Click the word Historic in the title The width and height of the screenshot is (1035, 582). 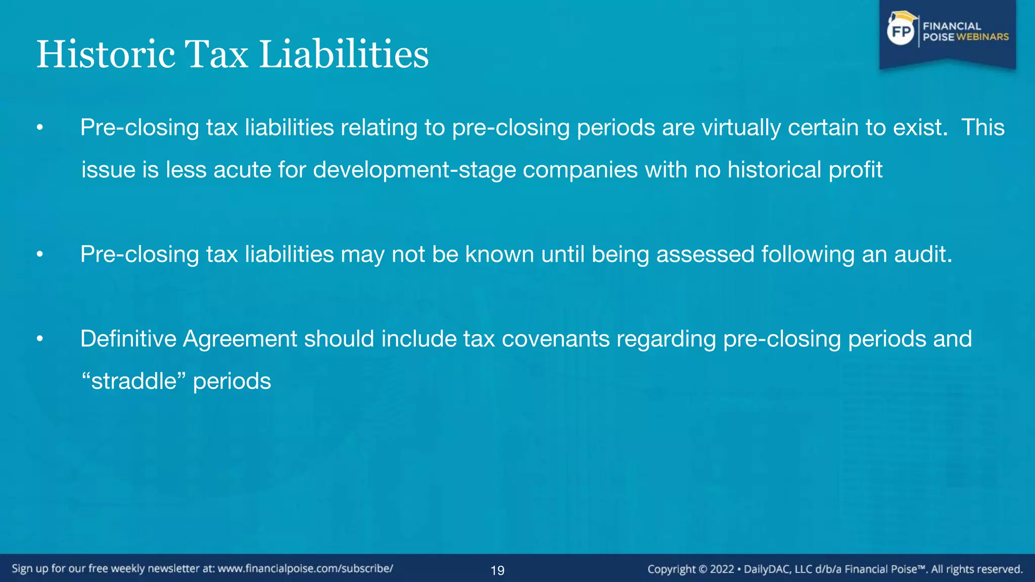(106, 55)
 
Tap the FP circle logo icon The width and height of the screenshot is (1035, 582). (901, 32)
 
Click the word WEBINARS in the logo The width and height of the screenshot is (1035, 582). (982, 37)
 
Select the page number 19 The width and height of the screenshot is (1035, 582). (497, 570)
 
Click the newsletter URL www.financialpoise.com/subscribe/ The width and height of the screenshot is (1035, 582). (305, 568)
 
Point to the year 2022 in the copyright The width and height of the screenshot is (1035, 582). (722, 569)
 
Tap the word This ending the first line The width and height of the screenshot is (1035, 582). (982, 127)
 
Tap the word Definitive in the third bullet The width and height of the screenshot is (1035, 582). (128, 339)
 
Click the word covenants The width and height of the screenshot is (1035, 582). (555, 339)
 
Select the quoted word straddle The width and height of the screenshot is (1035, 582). (134, 381)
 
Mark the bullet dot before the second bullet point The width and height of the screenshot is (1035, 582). (40, 255)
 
